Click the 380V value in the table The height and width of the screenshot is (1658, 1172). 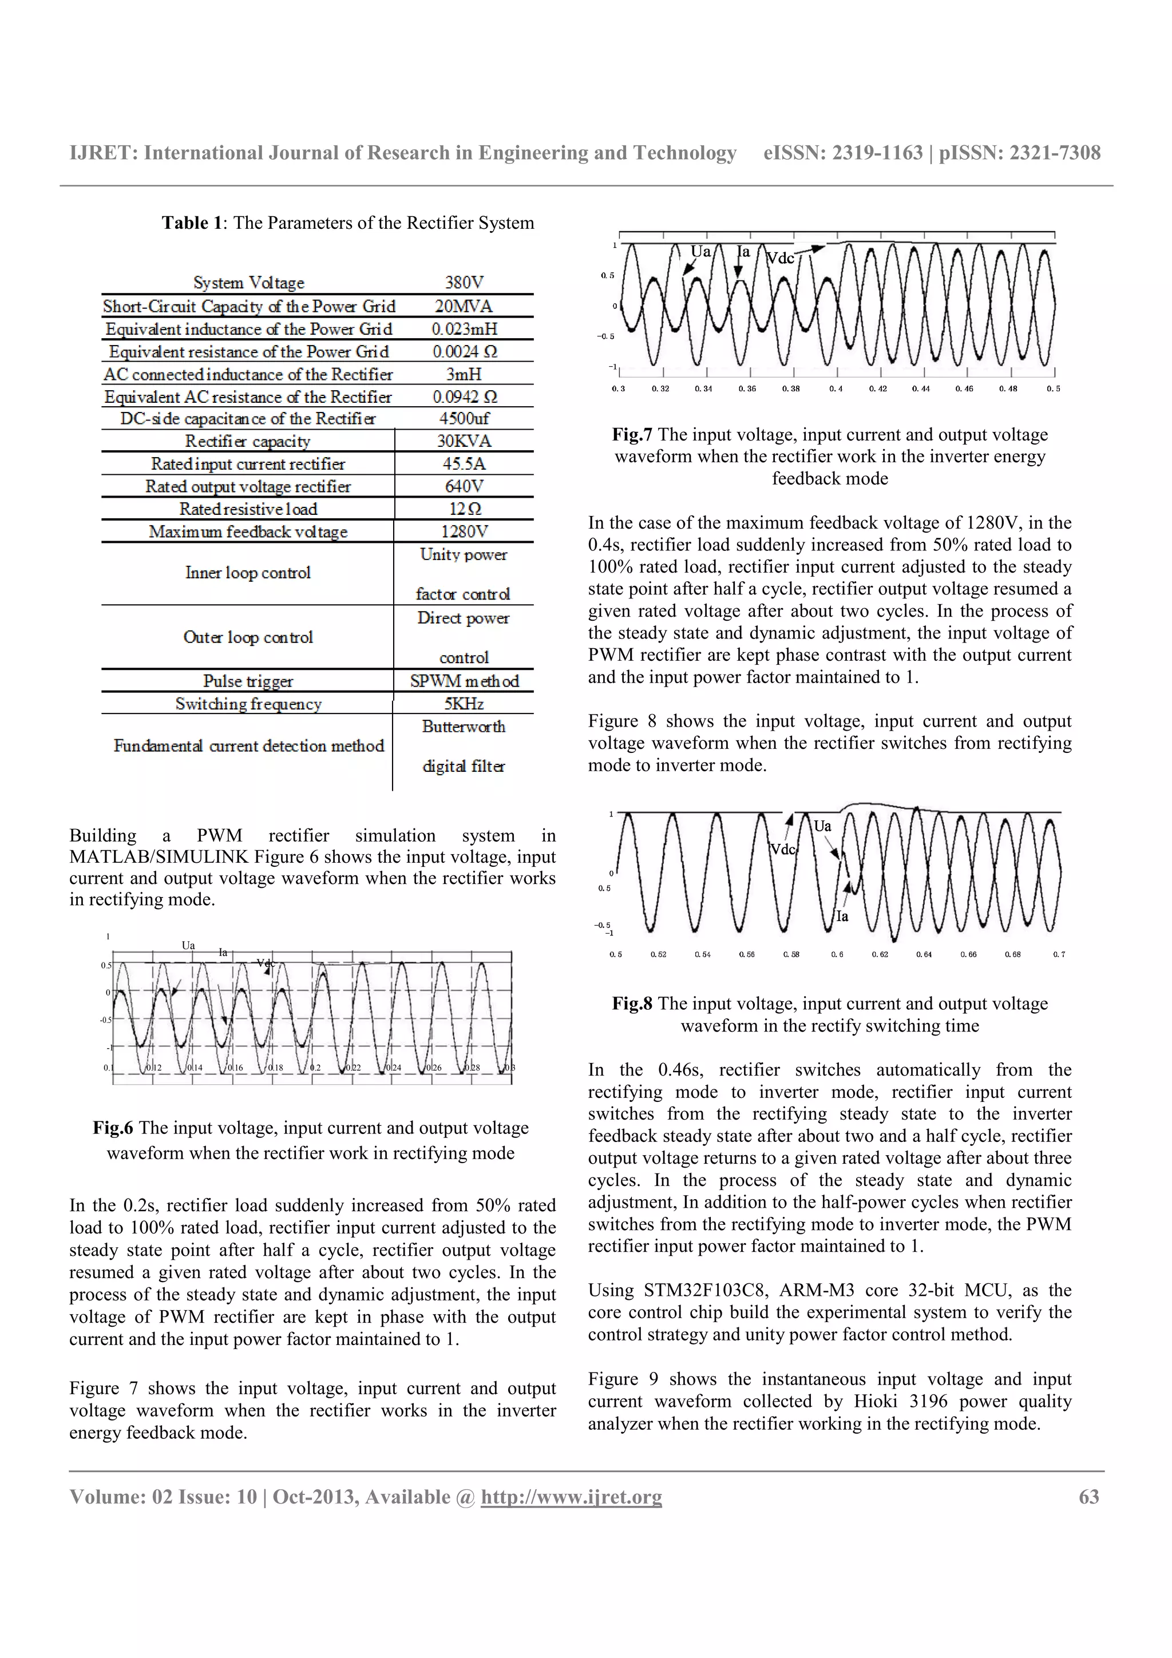click(x=464, y=283)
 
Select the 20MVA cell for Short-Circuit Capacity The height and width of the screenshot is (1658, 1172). click(x=464, y=306)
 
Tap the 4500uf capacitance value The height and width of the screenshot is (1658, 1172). click(x=464, y=419)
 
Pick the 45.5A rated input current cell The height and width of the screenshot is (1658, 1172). click(x=464, y=463)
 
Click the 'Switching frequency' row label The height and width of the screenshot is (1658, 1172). click(x=248, y=704)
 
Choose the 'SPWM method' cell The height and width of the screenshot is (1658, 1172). click(x=464, y=681)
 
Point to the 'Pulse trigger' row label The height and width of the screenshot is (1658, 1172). click(x=248, y=681)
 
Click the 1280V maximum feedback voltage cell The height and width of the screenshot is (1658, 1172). click(x=464, y=532)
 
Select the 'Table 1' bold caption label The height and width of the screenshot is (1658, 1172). click(x=191, y=223)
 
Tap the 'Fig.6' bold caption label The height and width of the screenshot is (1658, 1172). click(x=113, y=1129)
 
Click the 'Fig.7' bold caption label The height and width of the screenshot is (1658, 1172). click(x=632, y=435)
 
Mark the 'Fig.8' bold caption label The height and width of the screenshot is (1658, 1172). click(x=632, y=1003)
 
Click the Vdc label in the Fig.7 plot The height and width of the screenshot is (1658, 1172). click(x=779, y=259)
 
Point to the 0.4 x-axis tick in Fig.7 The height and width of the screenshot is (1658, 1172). click(x=836, y=389)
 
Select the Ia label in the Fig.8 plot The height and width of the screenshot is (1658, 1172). click(x=841, y=917)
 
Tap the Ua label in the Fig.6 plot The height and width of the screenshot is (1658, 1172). click(x=188, y=945)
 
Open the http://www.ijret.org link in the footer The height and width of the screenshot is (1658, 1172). click(x=571, y=1497)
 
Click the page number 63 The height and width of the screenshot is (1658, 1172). click(x=1088, y=1497)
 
